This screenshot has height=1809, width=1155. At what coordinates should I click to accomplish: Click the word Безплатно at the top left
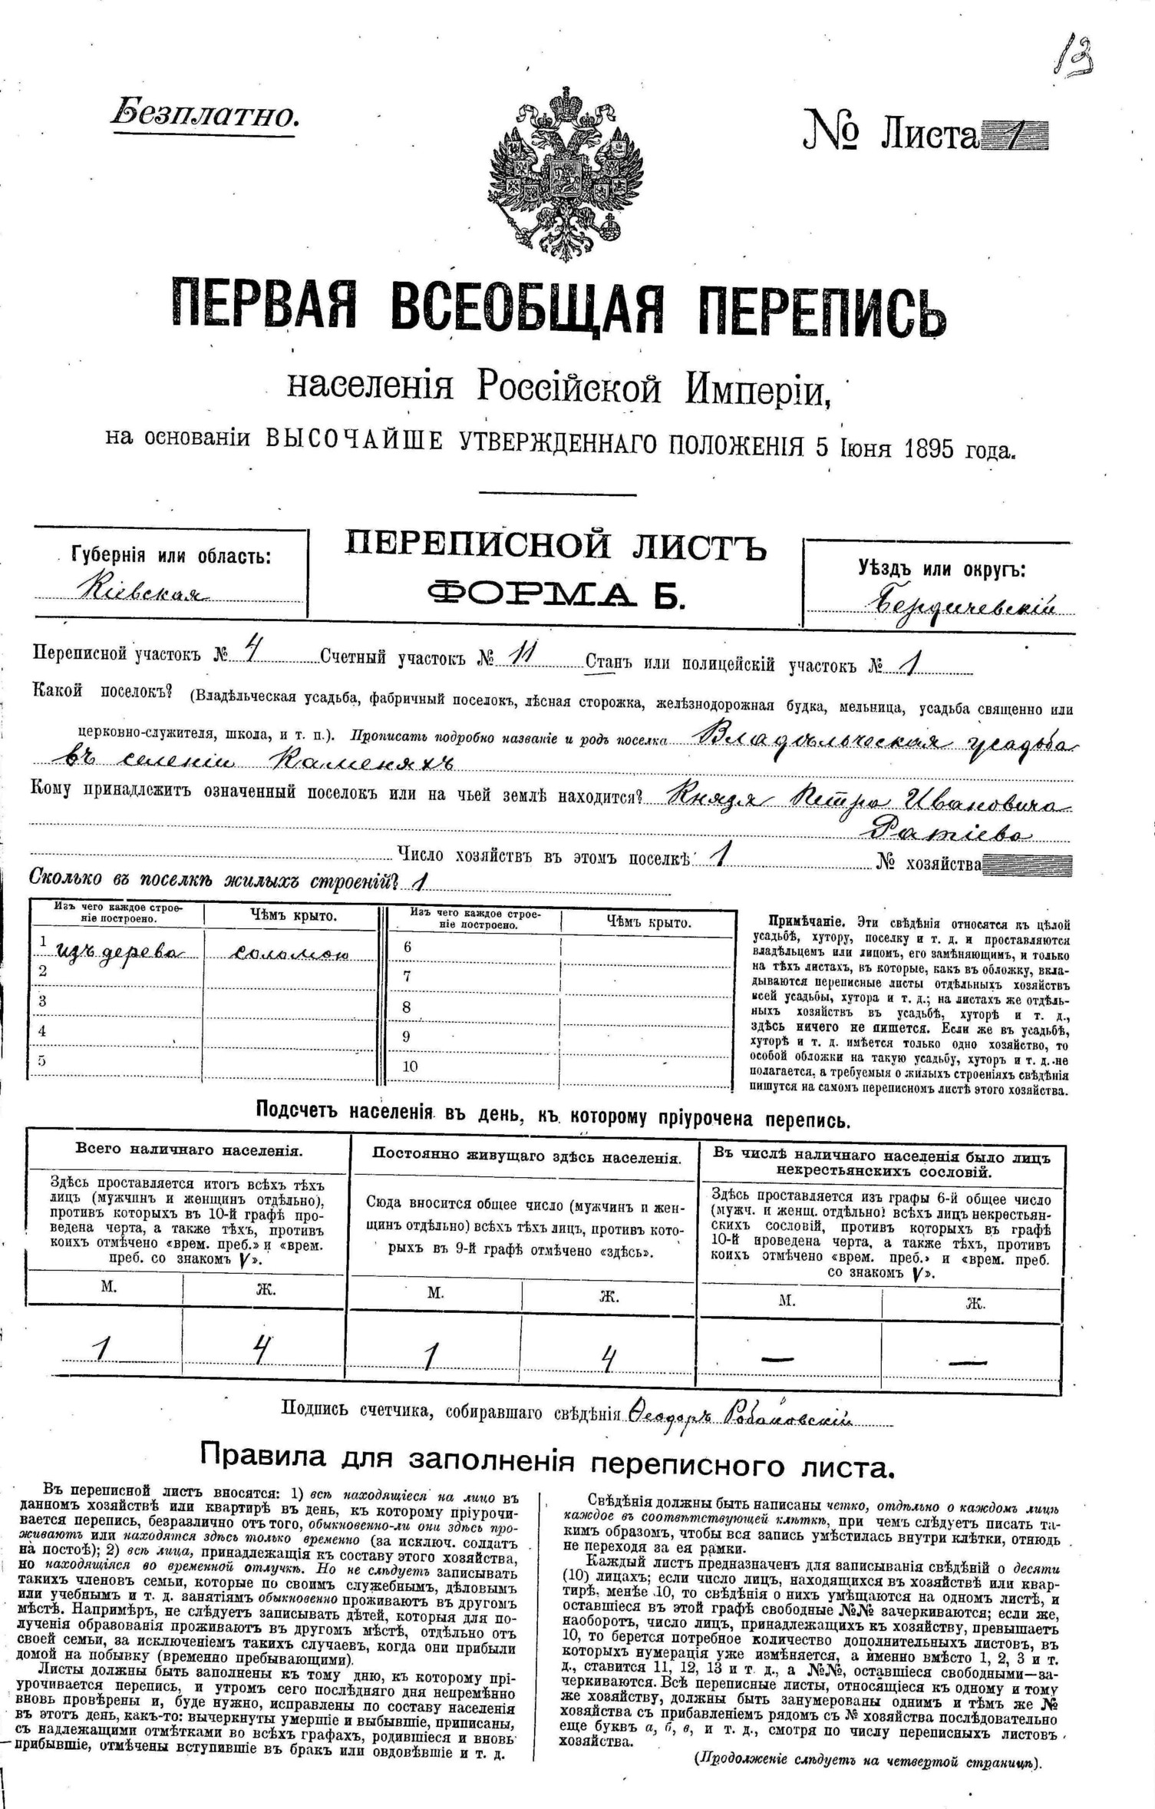(204, 114)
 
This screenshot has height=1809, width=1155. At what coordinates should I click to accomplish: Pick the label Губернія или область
(170, 556)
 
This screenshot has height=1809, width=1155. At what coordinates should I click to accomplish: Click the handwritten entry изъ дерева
(119, 952)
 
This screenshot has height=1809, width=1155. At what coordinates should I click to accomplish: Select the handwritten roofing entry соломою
(291, 953)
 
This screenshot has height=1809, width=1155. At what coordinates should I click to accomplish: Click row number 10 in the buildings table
(411, 1067)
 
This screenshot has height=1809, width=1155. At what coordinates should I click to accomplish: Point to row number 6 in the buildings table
(408, 947)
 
